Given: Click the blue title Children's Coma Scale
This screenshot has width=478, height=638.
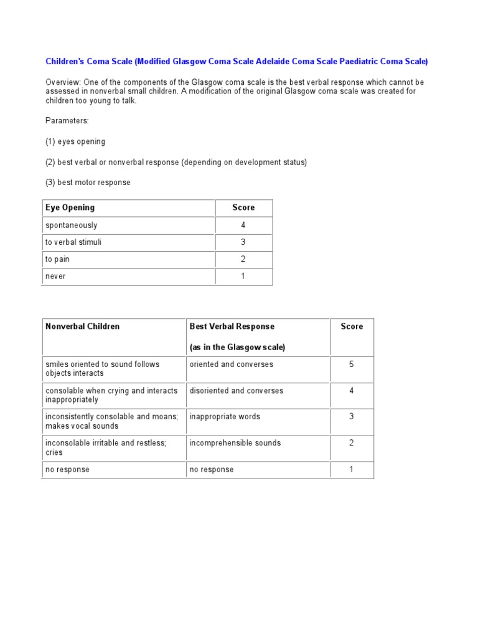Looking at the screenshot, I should pos(237,62).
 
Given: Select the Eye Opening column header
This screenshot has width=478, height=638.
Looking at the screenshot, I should pos(70,207).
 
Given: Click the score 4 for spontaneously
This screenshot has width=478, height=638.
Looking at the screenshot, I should pos(243,225).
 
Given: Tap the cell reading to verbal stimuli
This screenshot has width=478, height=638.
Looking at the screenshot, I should pos(73,242).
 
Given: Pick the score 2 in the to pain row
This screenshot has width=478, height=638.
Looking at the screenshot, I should pos(243,259).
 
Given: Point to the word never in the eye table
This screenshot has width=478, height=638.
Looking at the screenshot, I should pos(55,276).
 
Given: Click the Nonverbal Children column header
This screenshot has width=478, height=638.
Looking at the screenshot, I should pos(83,326).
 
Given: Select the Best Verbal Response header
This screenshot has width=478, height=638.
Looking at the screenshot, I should pos(232,326).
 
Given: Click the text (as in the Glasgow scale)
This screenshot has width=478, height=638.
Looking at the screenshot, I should pos(237,347).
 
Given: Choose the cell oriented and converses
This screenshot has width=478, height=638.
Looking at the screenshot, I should pos(231,364).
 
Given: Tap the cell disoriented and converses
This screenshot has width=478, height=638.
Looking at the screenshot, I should pos(236,391).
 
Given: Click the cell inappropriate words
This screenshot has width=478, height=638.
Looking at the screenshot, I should pos(225,417).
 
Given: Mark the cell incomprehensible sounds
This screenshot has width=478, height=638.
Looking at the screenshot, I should pos(235,443).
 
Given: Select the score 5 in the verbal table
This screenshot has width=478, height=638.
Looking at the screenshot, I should pos(351,364).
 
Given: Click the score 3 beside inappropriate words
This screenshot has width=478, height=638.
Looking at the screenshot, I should pos(351,416).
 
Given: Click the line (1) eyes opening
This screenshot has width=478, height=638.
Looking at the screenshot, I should pos(75,141).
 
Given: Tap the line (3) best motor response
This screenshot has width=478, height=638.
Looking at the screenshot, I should pos(88,183).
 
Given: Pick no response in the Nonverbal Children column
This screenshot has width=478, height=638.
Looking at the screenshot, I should pos(67,470).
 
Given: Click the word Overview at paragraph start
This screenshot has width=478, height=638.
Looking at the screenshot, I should pos(62,82).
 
